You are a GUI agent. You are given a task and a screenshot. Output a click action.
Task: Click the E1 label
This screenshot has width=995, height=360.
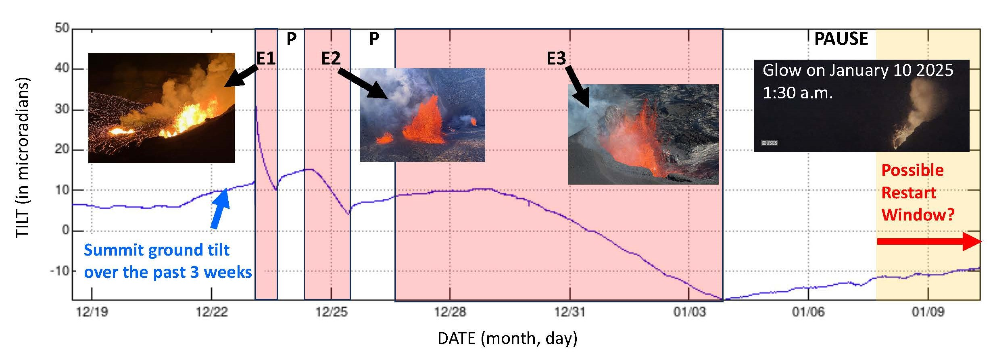(266, 59)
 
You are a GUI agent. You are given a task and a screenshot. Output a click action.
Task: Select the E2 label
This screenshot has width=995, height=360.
(331, 59)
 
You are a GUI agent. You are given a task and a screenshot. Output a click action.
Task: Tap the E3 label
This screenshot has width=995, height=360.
(556, 59)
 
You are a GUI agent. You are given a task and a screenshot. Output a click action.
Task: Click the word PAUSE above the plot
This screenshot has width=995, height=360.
(841, 39)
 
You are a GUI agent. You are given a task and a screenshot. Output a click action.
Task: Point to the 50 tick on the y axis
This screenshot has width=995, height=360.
(62, 28)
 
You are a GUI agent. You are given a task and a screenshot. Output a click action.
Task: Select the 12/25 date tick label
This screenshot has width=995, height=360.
(332, 312)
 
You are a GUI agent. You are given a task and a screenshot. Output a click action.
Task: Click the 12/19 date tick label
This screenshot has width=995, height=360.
(92, 312)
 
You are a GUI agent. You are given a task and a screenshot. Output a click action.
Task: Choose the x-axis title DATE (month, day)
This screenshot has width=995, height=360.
(507, 338)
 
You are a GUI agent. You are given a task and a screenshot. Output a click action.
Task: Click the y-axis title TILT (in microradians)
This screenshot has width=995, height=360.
(23, 158)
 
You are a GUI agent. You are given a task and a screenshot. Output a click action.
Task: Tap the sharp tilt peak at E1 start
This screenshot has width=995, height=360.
(256, 107)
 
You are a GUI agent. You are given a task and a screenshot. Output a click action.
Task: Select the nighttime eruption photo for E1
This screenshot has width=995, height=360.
(161, 108)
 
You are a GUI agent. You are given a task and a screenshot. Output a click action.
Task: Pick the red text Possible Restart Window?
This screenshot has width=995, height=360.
(918, 192)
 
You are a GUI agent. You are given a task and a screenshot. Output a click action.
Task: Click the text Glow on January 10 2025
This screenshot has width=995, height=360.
(857, 71)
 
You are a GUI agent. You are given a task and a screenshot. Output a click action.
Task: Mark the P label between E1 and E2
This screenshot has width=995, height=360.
(291, 39)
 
